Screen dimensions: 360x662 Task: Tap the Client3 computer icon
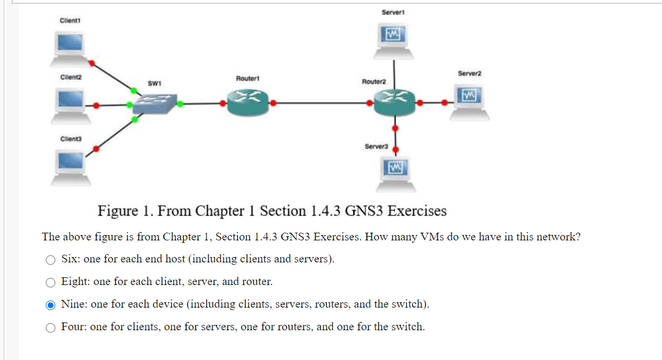click(70, 166)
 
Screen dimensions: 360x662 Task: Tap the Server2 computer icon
click(469, 102)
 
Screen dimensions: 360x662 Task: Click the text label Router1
click(246, 79)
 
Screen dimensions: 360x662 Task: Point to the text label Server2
click(469, 73)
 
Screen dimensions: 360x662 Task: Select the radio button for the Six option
click(51, 259)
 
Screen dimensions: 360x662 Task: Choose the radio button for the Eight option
click(51, 282)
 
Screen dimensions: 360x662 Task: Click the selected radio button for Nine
click(51, 305)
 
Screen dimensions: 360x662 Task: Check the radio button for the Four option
click(51, 327)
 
